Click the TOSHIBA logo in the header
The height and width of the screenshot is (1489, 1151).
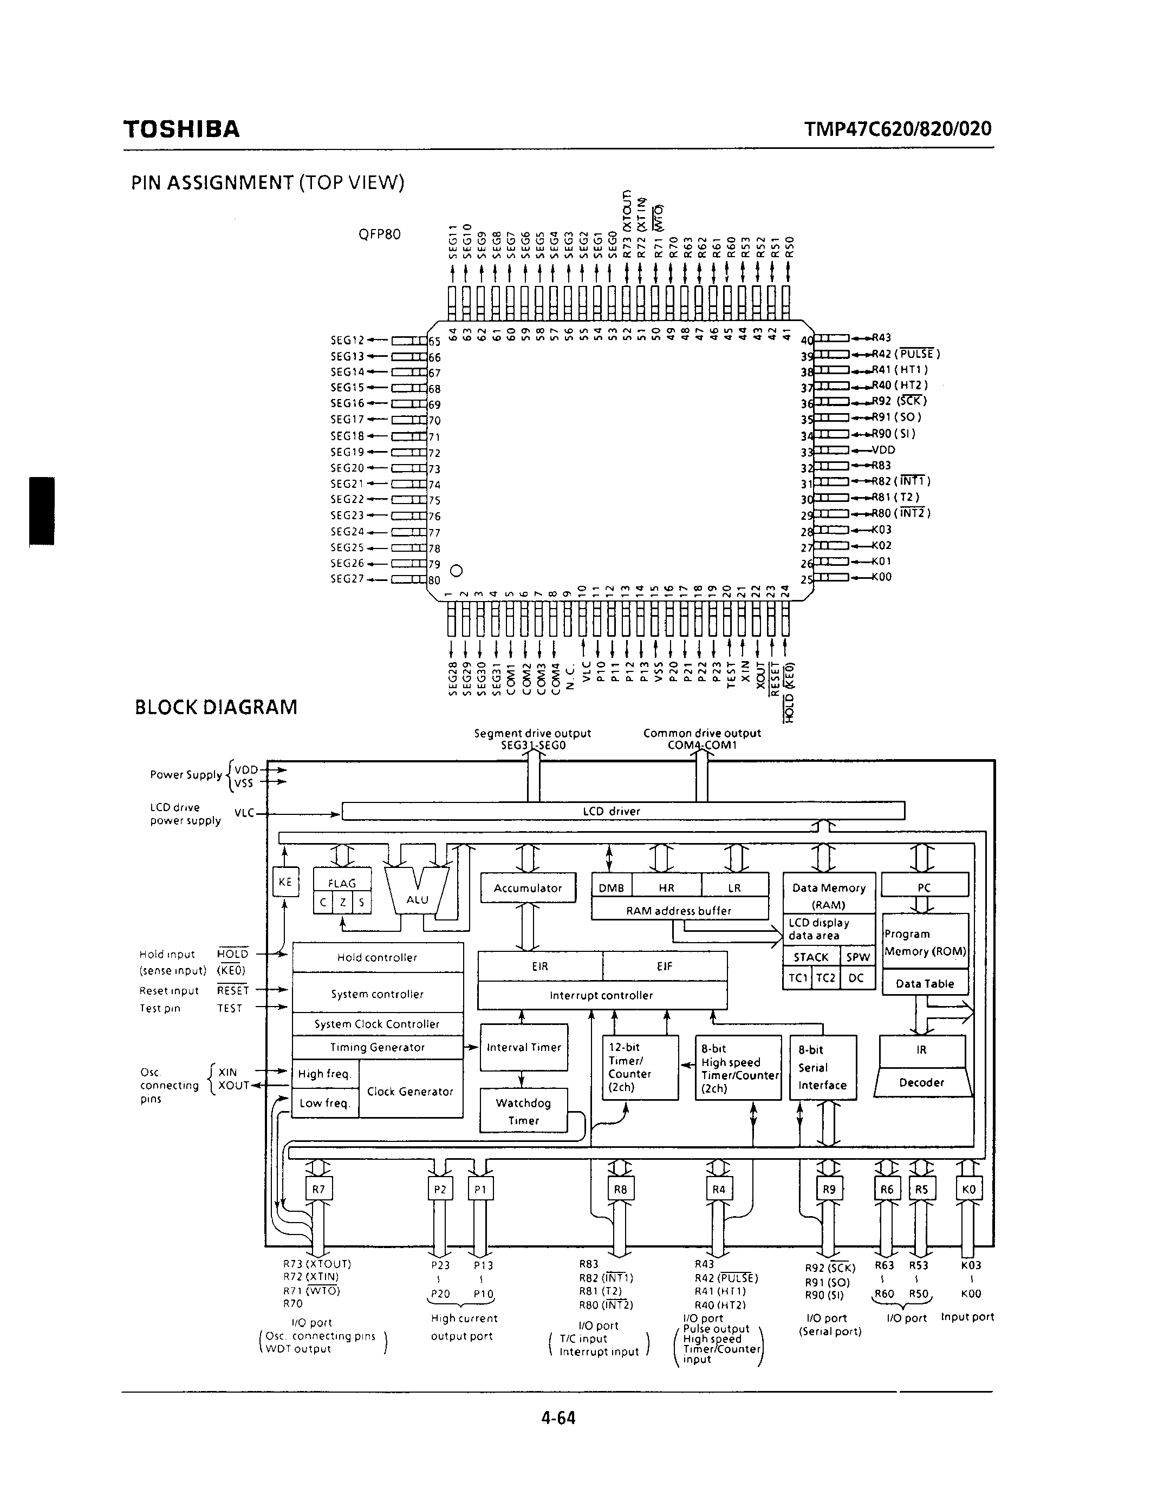coord(181,129)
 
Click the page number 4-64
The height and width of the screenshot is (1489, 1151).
coord(558,1418)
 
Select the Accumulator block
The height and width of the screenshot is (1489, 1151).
coord(527,887)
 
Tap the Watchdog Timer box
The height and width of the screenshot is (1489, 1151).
coord(523,1111)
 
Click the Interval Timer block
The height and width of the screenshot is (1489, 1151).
coord(523,1047)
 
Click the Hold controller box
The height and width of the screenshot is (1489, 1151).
coord(377,957)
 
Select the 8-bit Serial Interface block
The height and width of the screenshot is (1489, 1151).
coord(822,1067)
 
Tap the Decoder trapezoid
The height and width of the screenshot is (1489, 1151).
coord(922,1082)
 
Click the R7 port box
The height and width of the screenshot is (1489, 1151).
coord(318,1190)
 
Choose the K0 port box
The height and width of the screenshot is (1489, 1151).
coord(968,1190)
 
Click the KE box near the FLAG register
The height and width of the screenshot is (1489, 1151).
coord(285,881)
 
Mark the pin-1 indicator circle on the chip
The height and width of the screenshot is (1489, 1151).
coord(457,570)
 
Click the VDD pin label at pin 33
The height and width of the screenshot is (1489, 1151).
coord(884,450)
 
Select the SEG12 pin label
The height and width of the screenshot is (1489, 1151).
coord(348,339)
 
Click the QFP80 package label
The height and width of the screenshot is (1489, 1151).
coord(379,234)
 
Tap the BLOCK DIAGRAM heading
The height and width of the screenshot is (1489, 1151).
coord(216,707)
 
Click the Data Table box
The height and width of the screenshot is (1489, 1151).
coord(925,983)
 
